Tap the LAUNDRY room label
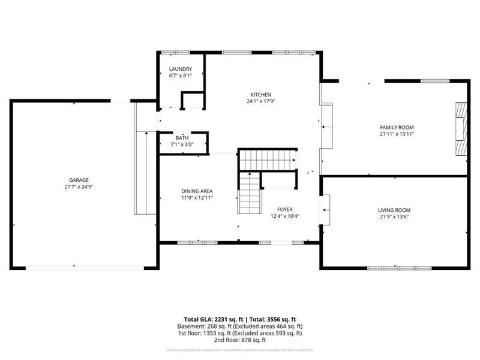click(181, 69)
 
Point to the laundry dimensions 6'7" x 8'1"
click(181, 76)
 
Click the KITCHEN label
click(262, 95)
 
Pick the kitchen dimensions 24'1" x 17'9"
click(262, 102)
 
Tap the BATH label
click(182, 137)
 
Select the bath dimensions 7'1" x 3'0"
click(182, 145)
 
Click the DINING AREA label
click(198, 190)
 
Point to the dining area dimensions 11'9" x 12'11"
click(198, 197)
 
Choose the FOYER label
click(284, 209)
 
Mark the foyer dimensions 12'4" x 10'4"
click(284, 217)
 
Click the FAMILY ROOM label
click(397, 127)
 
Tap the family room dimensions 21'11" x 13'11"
click(397, 134)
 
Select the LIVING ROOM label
click(394, 210)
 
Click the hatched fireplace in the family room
click(460, 130)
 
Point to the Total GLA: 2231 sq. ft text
click(213, 319)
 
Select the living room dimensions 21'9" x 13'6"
click(394, 217)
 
